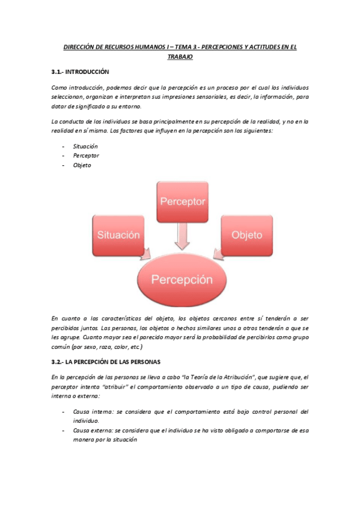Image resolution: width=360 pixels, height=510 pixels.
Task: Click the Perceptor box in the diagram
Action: click(182, 201)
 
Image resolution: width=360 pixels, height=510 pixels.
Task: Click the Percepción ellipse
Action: click(182, 279)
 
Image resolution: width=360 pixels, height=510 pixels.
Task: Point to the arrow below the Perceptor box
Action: click(182, 236)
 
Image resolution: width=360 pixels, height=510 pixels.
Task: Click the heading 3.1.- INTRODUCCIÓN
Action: click(81, 72)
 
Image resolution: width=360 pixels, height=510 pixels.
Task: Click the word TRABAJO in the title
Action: click(180, 57)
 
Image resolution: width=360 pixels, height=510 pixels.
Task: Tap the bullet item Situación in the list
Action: click(85, 146)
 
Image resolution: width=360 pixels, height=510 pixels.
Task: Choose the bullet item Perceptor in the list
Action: click(87, 156)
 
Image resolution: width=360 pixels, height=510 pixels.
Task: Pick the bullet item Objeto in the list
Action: click(82, 165)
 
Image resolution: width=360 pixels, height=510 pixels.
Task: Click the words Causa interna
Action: click(89, 412)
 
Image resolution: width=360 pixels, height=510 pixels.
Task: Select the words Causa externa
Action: click(90, 431)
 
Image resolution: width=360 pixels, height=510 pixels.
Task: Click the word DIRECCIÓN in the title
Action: click(82, 46)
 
